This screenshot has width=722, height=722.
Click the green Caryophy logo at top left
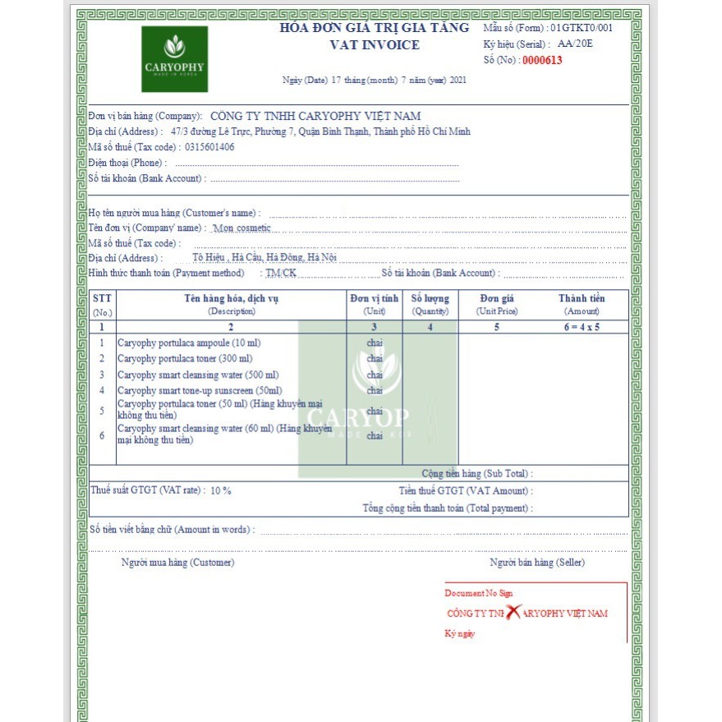click(174, 58)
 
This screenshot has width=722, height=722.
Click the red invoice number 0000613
click(542, 60)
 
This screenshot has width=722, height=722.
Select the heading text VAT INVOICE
click(375, 45)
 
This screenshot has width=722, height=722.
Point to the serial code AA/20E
click(575, 44)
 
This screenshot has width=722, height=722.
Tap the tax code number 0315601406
click(209, 147)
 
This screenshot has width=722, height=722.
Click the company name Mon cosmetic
click(241, 228)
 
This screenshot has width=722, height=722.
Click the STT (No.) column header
click(102, 305)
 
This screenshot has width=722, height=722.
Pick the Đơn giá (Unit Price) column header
click(497, 305)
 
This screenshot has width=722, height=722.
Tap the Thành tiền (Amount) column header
click(582, 305)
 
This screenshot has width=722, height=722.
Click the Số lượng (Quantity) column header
click(430, 305)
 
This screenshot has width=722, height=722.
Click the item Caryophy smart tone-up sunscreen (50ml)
click(200, 391)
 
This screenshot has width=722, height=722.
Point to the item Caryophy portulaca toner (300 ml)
click(185, 358)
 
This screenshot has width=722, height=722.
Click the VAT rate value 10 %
click(221, 490)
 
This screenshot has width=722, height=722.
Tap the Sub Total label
click(477, 474)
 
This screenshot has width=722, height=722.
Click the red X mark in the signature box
click(513, 612)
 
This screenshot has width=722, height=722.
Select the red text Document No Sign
click(479, 593)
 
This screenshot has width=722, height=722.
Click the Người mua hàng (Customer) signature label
click(177, 563)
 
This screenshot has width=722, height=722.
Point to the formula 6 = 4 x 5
click(582, 326)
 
